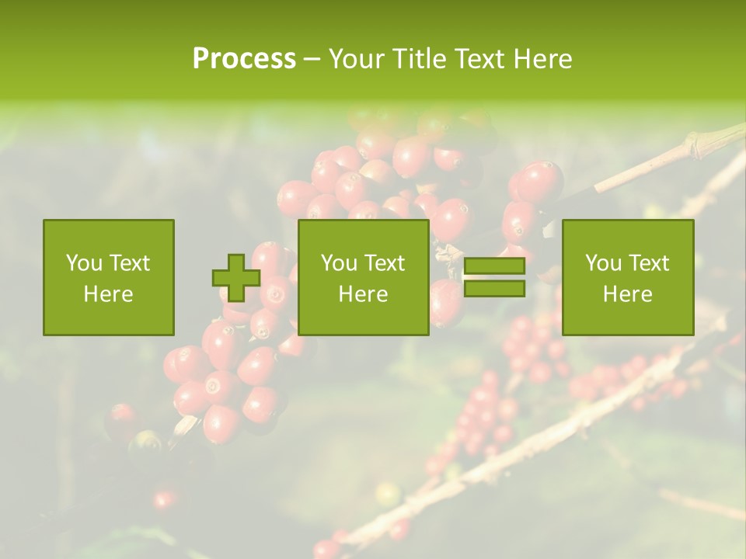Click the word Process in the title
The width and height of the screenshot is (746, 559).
click(x=244, y=59)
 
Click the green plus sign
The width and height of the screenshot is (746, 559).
click(x=236, y=278)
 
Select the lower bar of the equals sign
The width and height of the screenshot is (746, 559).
click(x=494, y=288)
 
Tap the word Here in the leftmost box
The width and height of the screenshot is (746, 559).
click(x=109, y=294)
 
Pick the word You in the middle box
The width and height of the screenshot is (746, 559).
click(x=339, y=263)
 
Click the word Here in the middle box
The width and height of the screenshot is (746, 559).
click(x=364, y=294)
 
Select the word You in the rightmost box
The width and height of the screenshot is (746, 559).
click(x=603, y=263)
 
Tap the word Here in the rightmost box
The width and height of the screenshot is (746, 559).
click(x=628, y=294)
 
